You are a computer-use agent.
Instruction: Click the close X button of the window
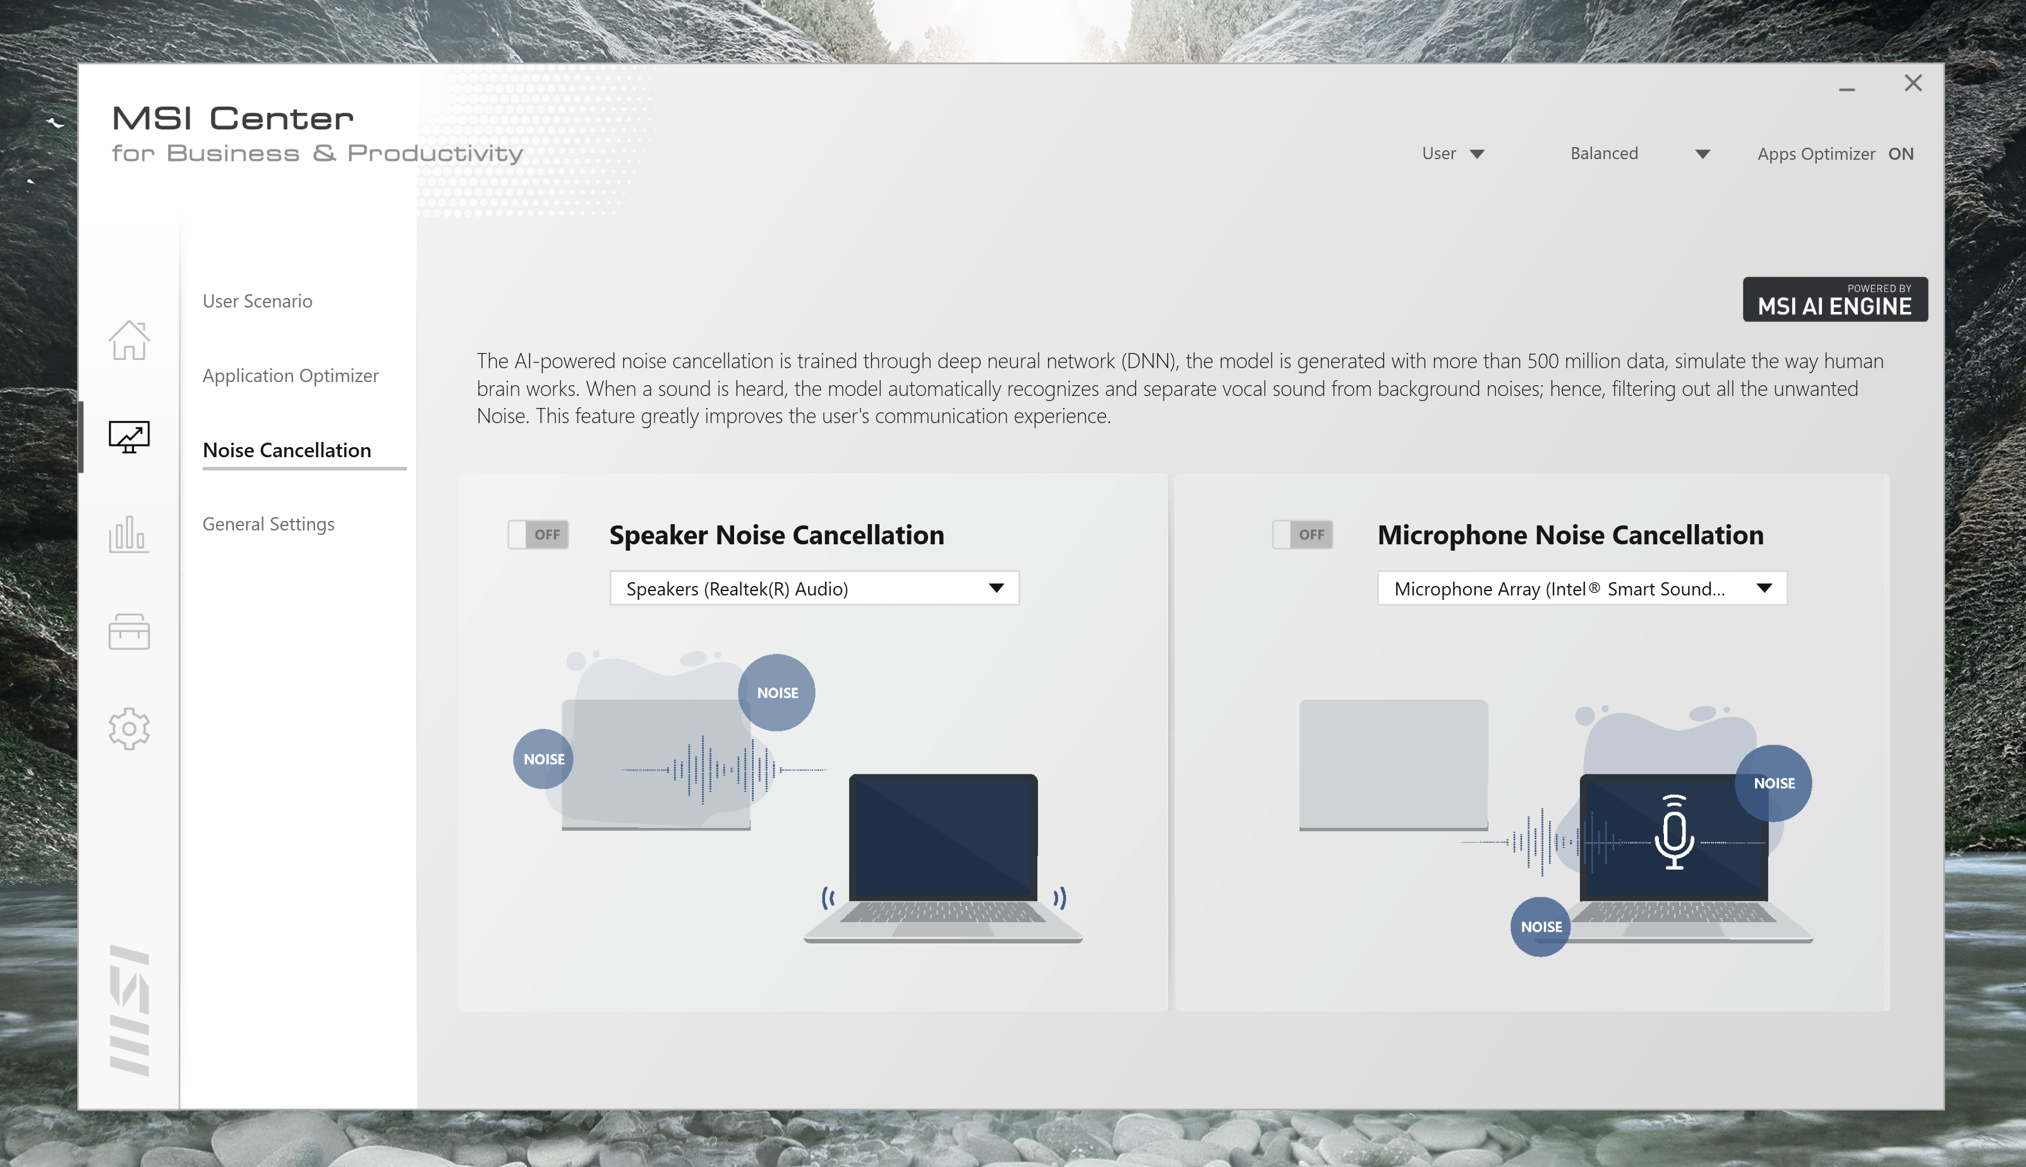(x=1913, y=83)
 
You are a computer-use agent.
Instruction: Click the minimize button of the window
(x=1847, y=90)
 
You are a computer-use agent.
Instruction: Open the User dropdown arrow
(x=1477, y=154)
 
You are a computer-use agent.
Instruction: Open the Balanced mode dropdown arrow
(x=1702, y=154)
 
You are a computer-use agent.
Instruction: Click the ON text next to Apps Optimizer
(x=1900, y=154)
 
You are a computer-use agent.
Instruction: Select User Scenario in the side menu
(x=257, y=301)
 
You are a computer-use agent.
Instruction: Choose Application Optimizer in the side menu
(x=290, y=376)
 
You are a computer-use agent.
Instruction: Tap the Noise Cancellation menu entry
(x=287, y=450)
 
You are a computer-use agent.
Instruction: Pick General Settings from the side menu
(x=268, y=524)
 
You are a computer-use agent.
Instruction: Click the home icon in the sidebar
(x=129, y=340)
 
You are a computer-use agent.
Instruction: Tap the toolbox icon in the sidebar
(x=129, y=631)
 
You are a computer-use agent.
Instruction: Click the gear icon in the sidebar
(x=129, y=729)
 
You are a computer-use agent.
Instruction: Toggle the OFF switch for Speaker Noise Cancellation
(x=538, y=535)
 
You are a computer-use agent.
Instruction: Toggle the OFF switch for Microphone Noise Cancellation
(x=1303, y=535)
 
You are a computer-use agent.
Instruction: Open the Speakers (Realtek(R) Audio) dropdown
(x=814, y=589)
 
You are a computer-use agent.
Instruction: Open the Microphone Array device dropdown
(x=1583, y=589)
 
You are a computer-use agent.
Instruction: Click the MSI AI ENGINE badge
(x=1835, y=300)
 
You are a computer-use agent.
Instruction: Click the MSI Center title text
(x=232, y=119)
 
